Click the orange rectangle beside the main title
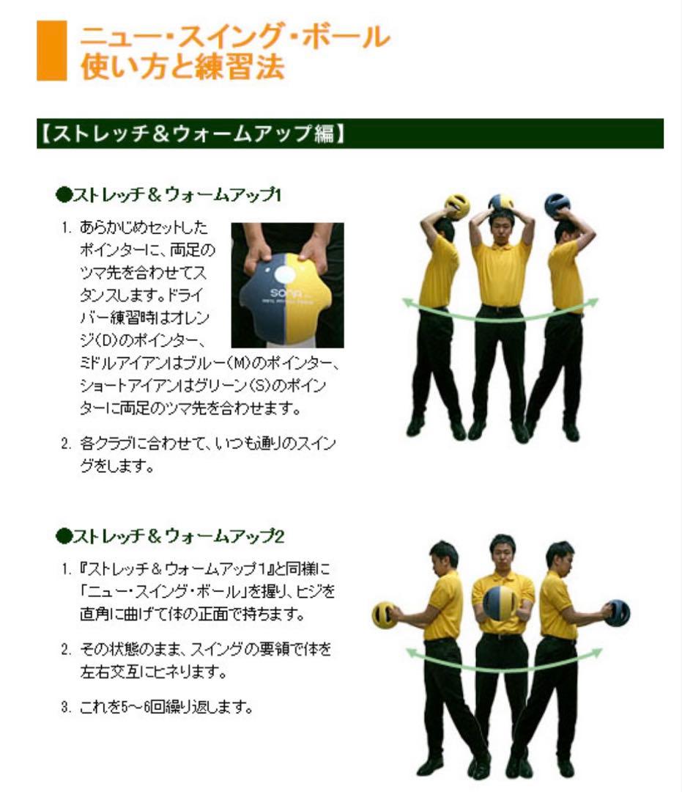click(51, 51)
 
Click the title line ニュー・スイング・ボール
click(234, 37)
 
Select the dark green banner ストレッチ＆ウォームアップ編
click(349, 133)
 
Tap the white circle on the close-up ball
click(286, 274)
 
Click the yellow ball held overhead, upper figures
click(457, 206)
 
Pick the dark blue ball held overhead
click(557, 205)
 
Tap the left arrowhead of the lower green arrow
click(411, 651)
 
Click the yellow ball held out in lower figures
click(383, 615)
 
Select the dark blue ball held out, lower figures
click(618, 612)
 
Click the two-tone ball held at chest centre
click(500, 602)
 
